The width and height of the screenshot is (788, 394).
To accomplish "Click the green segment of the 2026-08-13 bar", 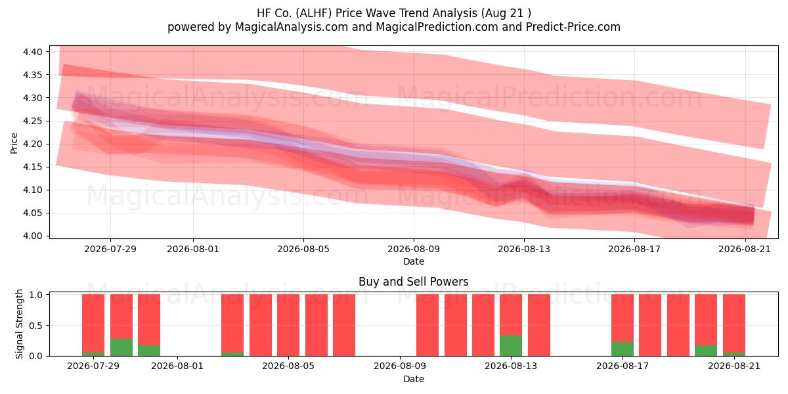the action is (511, 346).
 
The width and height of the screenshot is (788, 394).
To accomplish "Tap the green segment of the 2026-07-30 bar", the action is (121, 347).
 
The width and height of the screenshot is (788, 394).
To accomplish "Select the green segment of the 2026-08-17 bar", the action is (623, 349).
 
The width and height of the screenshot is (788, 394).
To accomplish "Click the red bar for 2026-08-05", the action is (288, 325).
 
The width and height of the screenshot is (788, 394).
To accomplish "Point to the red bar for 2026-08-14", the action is (539, 325).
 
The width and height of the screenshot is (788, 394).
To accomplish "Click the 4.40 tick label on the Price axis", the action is (32, 52).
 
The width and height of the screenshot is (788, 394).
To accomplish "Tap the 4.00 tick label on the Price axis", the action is (32, 236).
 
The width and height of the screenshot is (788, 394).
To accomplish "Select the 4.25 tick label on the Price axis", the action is (32, 121).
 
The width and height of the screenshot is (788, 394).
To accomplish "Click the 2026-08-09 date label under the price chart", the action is (414, 249).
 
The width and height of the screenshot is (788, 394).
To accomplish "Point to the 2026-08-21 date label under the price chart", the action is (745, 249).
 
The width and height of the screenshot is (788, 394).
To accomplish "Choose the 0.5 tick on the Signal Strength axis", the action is (36, 326).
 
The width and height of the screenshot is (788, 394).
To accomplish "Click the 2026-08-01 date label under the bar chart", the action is (177, 366).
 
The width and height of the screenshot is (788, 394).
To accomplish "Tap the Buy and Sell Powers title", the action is (413, 282).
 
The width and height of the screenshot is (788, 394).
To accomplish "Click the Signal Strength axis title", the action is (19, 324).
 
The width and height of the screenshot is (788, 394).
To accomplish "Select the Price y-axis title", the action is (14, 143).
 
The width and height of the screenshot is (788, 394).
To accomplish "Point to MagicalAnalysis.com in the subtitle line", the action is (292, 27).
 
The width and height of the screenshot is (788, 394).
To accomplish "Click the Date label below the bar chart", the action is (414, 380).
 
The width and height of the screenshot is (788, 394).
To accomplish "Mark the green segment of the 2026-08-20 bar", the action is (706, 351).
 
